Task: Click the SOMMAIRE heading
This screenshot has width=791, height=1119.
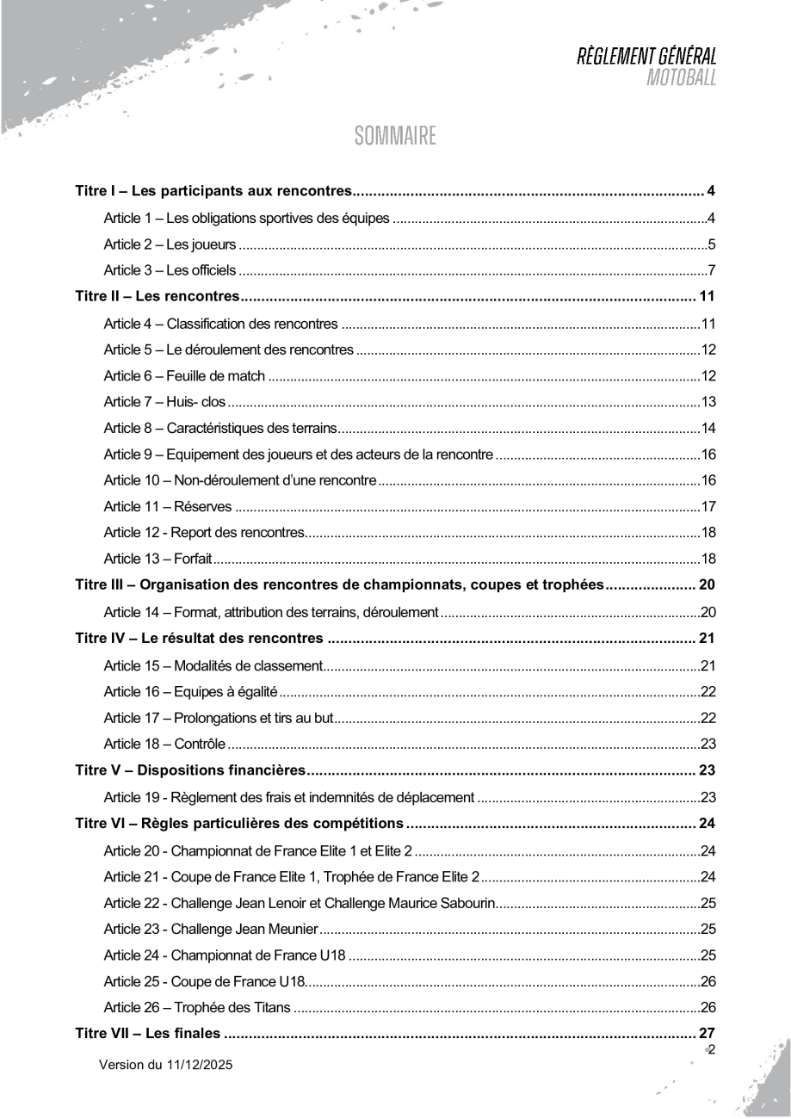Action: pyautogui.click(x=395, y=137)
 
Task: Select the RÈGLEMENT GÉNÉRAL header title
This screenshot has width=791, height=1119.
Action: pyautogui.click(x=647, y=59)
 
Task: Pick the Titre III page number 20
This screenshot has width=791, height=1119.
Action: pyautogui.click(x=707, y=586)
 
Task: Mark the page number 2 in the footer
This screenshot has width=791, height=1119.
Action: pyautogui.click(x=712, y=1049)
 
